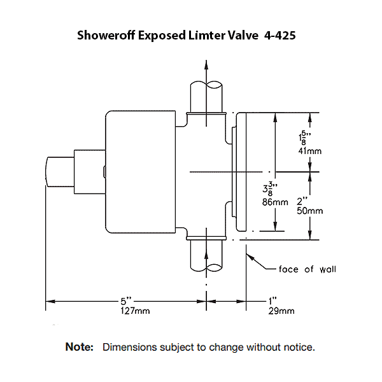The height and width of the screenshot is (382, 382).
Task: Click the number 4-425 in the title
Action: pyautogui.click(x=279, y=36)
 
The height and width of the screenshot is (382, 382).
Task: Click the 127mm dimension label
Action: pyautogui.click(x=135, y=311)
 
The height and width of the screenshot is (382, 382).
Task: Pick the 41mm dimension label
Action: pyautogui.click(x=310, y=152)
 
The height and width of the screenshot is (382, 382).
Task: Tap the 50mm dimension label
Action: pyautogui.click(x=310, y=211)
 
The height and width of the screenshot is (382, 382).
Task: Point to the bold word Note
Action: pyautogui.click(x=80, y=348)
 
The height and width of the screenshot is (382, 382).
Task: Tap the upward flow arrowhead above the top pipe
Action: pyautogui.click(x=205, y=62)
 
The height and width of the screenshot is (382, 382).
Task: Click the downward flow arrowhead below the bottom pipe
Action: pyautogui.click(x=205, y=292)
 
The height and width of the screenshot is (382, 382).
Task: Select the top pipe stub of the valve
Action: pyautogui.click(x=205, y=95)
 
